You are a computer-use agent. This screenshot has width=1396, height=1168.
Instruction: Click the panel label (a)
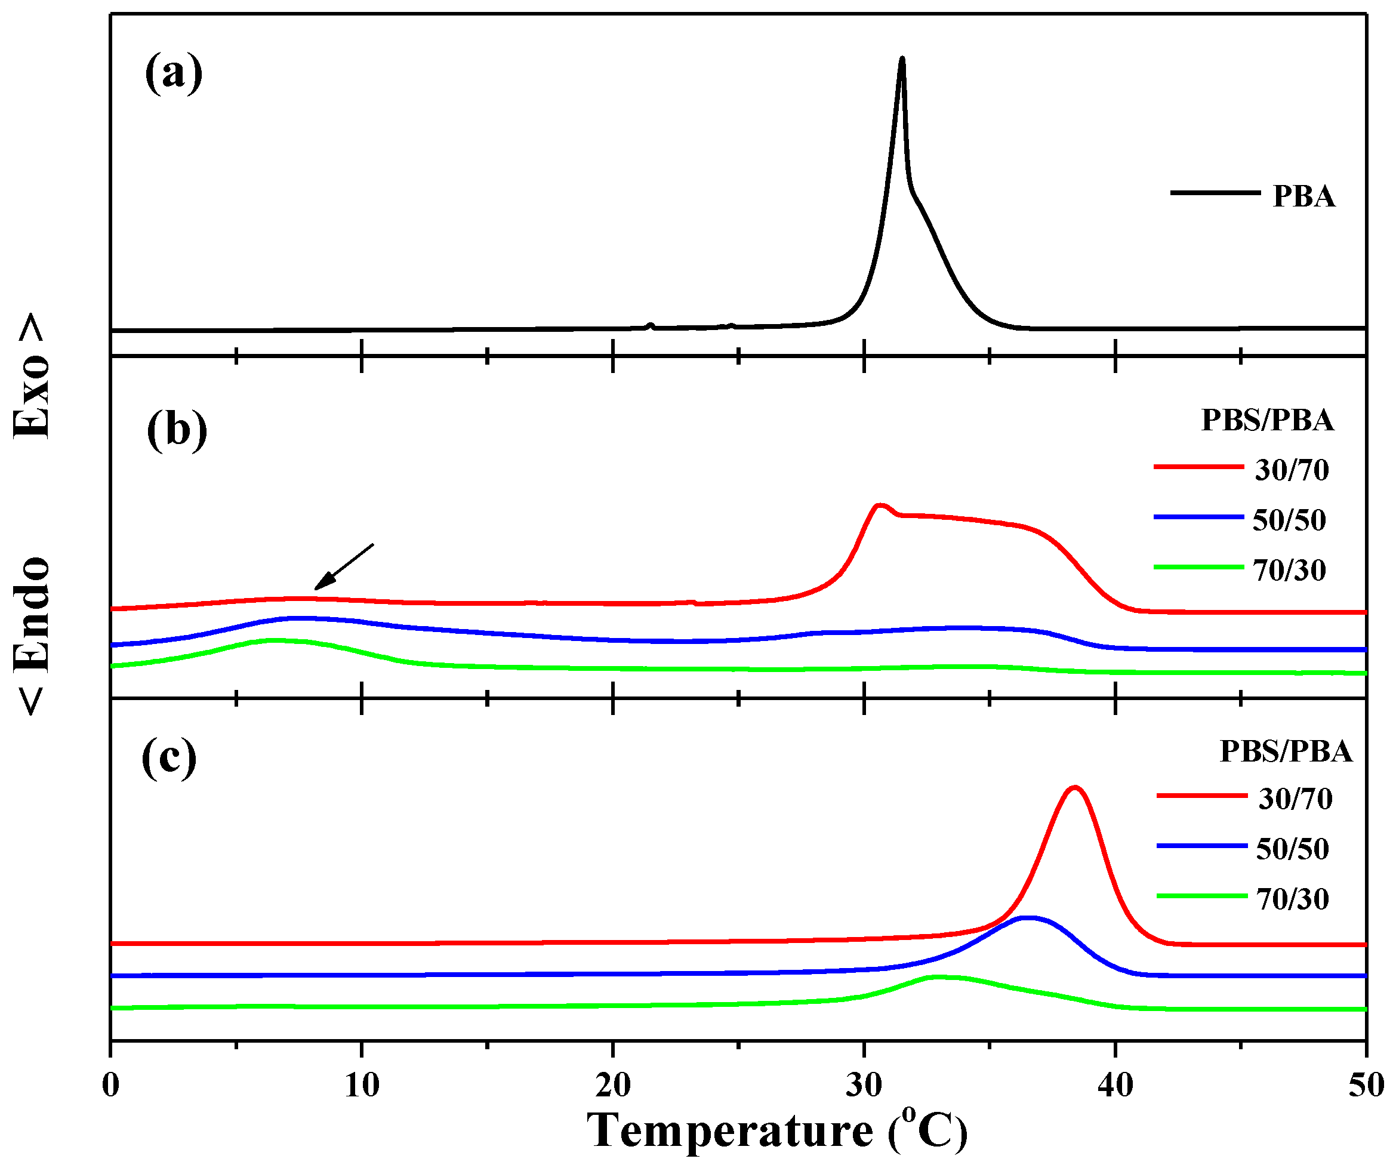click(174, 74)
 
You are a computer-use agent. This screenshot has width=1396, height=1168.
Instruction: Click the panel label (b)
click(177, 430)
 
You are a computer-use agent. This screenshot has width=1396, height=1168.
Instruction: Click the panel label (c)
click(169, 757)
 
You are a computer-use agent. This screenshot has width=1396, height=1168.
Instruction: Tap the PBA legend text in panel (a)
click(1303, 197)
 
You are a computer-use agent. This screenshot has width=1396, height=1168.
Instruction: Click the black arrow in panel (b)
click(343, 567)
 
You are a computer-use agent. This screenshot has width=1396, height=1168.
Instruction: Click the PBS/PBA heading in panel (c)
click(1286, 751)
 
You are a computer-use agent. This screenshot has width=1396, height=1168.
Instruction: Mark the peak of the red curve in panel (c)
click(1075, 788)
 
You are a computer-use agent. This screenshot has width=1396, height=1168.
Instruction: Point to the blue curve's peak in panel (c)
click(1028, 918)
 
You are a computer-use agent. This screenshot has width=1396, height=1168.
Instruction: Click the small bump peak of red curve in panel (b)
click(881, 506)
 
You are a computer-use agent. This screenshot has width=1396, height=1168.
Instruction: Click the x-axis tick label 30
click(864, 1085)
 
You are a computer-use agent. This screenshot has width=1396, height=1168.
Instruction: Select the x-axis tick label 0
click(111, 1085)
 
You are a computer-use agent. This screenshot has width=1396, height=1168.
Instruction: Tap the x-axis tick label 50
click(1366, 1085)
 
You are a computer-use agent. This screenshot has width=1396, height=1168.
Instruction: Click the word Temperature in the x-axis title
click(729, 1131)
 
